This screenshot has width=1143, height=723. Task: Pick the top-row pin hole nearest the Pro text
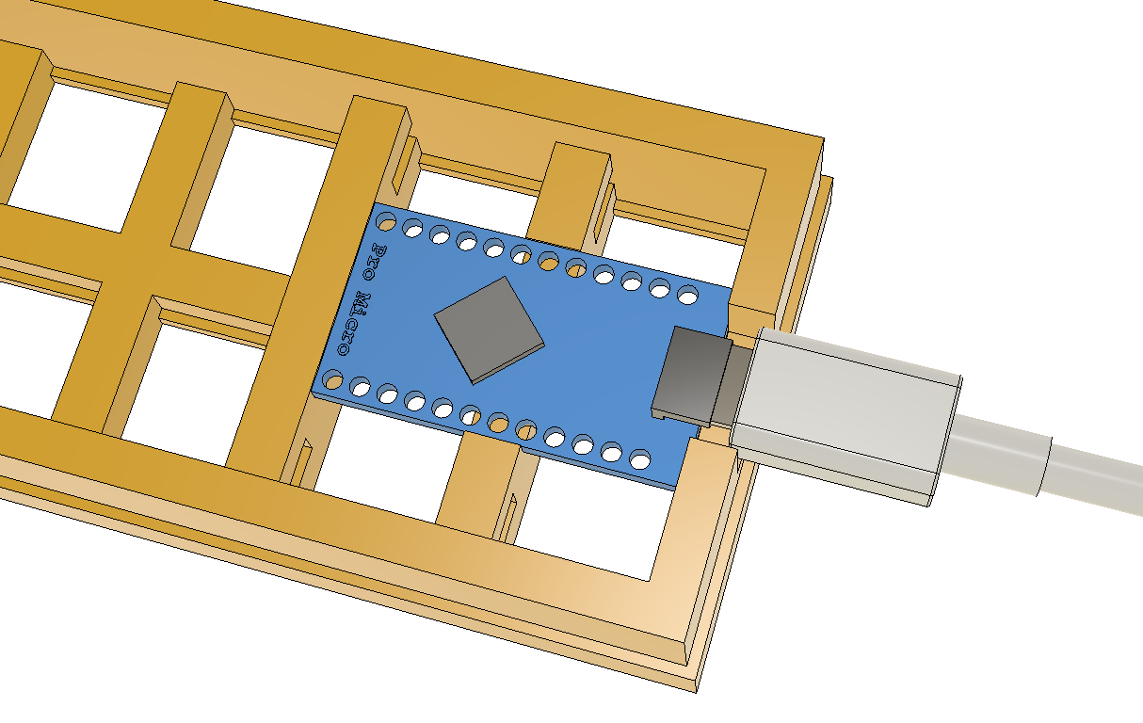tap(386, 222)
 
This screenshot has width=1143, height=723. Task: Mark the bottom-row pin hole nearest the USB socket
tap(639, 461)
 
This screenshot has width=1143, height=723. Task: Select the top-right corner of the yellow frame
tap(824, 141)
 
